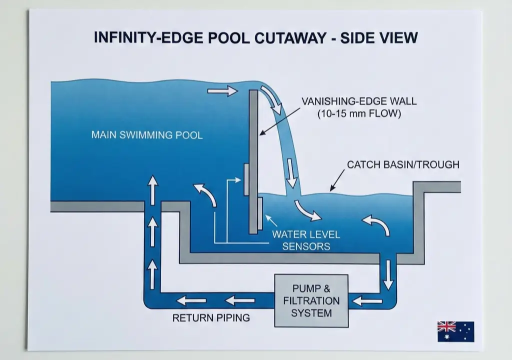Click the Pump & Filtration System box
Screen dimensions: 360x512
[x=311, y=300]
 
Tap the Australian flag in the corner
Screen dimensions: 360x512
[x=455, y=331]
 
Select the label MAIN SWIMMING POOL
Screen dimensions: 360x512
[x=147, y=135]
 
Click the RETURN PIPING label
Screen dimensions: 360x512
[x=211, y=317]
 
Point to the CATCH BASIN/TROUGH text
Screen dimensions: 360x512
[x=403, y=164]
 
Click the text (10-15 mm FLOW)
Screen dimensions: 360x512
[x=359, y=114]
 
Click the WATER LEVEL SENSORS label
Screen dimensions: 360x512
[x=306, y=240]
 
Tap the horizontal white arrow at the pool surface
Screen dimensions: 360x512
[x=222, y=91]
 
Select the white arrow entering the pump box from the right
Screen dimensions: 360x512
[x=367, y=300]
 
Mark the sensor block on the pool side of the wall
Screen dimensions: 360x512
[x=246, y=179]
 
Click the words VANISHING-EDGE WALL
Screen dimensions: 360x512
[x=359, y=101]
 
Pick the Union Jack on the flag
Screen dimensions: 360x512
[x=446, y=326]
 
